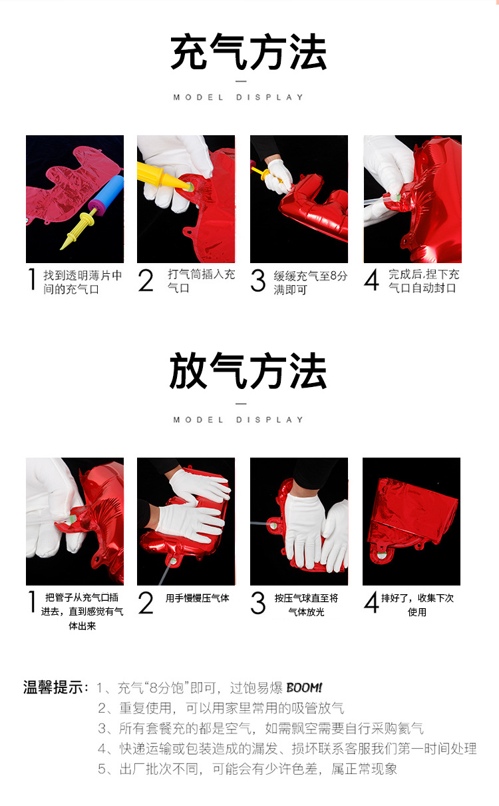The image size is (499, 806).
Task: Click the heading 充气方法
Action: point(249,53)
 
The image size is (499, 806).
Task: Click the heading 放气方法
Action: point(249,372)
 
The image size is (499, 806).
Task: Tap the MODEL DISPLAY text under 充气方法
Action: point(239,97)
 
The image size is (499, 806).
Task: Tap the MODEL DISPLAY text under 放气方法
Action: point(239,420)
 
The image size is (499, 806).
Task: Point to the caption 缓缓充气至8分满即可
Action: point(310,282)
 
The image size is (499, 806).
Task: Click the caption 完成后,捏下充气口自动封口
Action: point(423,281)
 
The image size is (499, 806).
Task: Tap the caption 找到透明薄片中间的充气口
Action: point(83,282)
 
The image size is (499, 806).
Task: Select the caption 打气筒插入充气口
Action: point(201,280)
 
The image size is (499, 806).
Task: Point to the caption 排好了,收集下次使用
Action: point(417,605)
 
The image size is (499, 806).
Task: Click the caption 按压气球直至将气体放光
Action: point(306,605)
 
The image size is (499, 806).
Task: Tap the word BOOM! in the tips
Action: point(304,687)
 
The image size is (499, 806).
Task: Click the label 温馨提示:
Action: point(56,687)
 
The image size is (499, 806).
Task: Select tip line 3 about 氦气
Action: point(261,728)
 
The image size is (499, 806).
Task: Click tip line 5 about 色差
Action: point(248,769)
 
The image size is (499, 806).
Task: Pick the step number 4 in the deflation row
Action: point(371,602)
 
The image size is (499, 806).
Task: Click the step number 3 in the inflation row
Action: point(258,281)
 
